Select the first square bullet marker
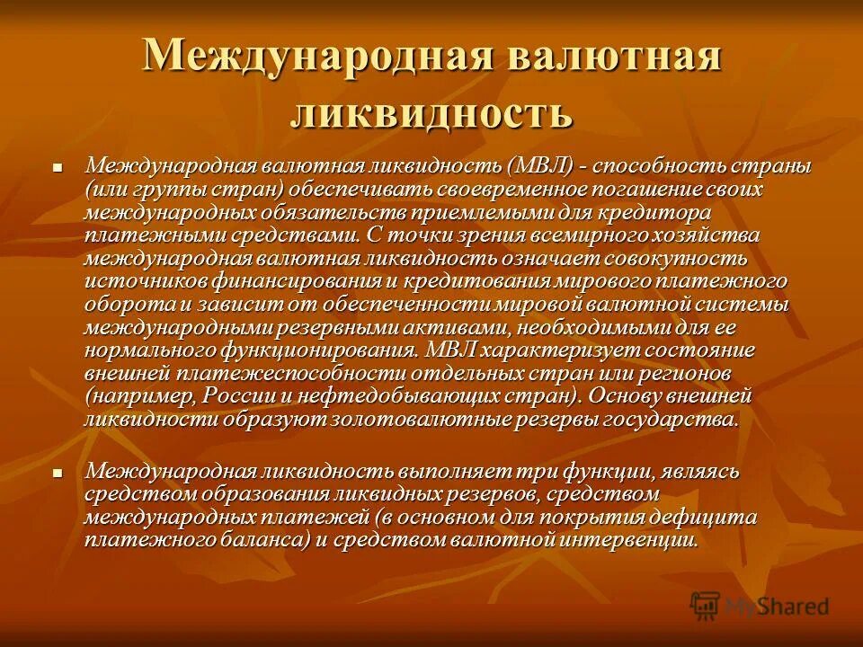[58, 167]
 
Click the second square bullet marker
[58, 471]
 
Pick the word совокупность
[671, 259]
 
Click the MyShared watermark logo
[761, 605]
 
